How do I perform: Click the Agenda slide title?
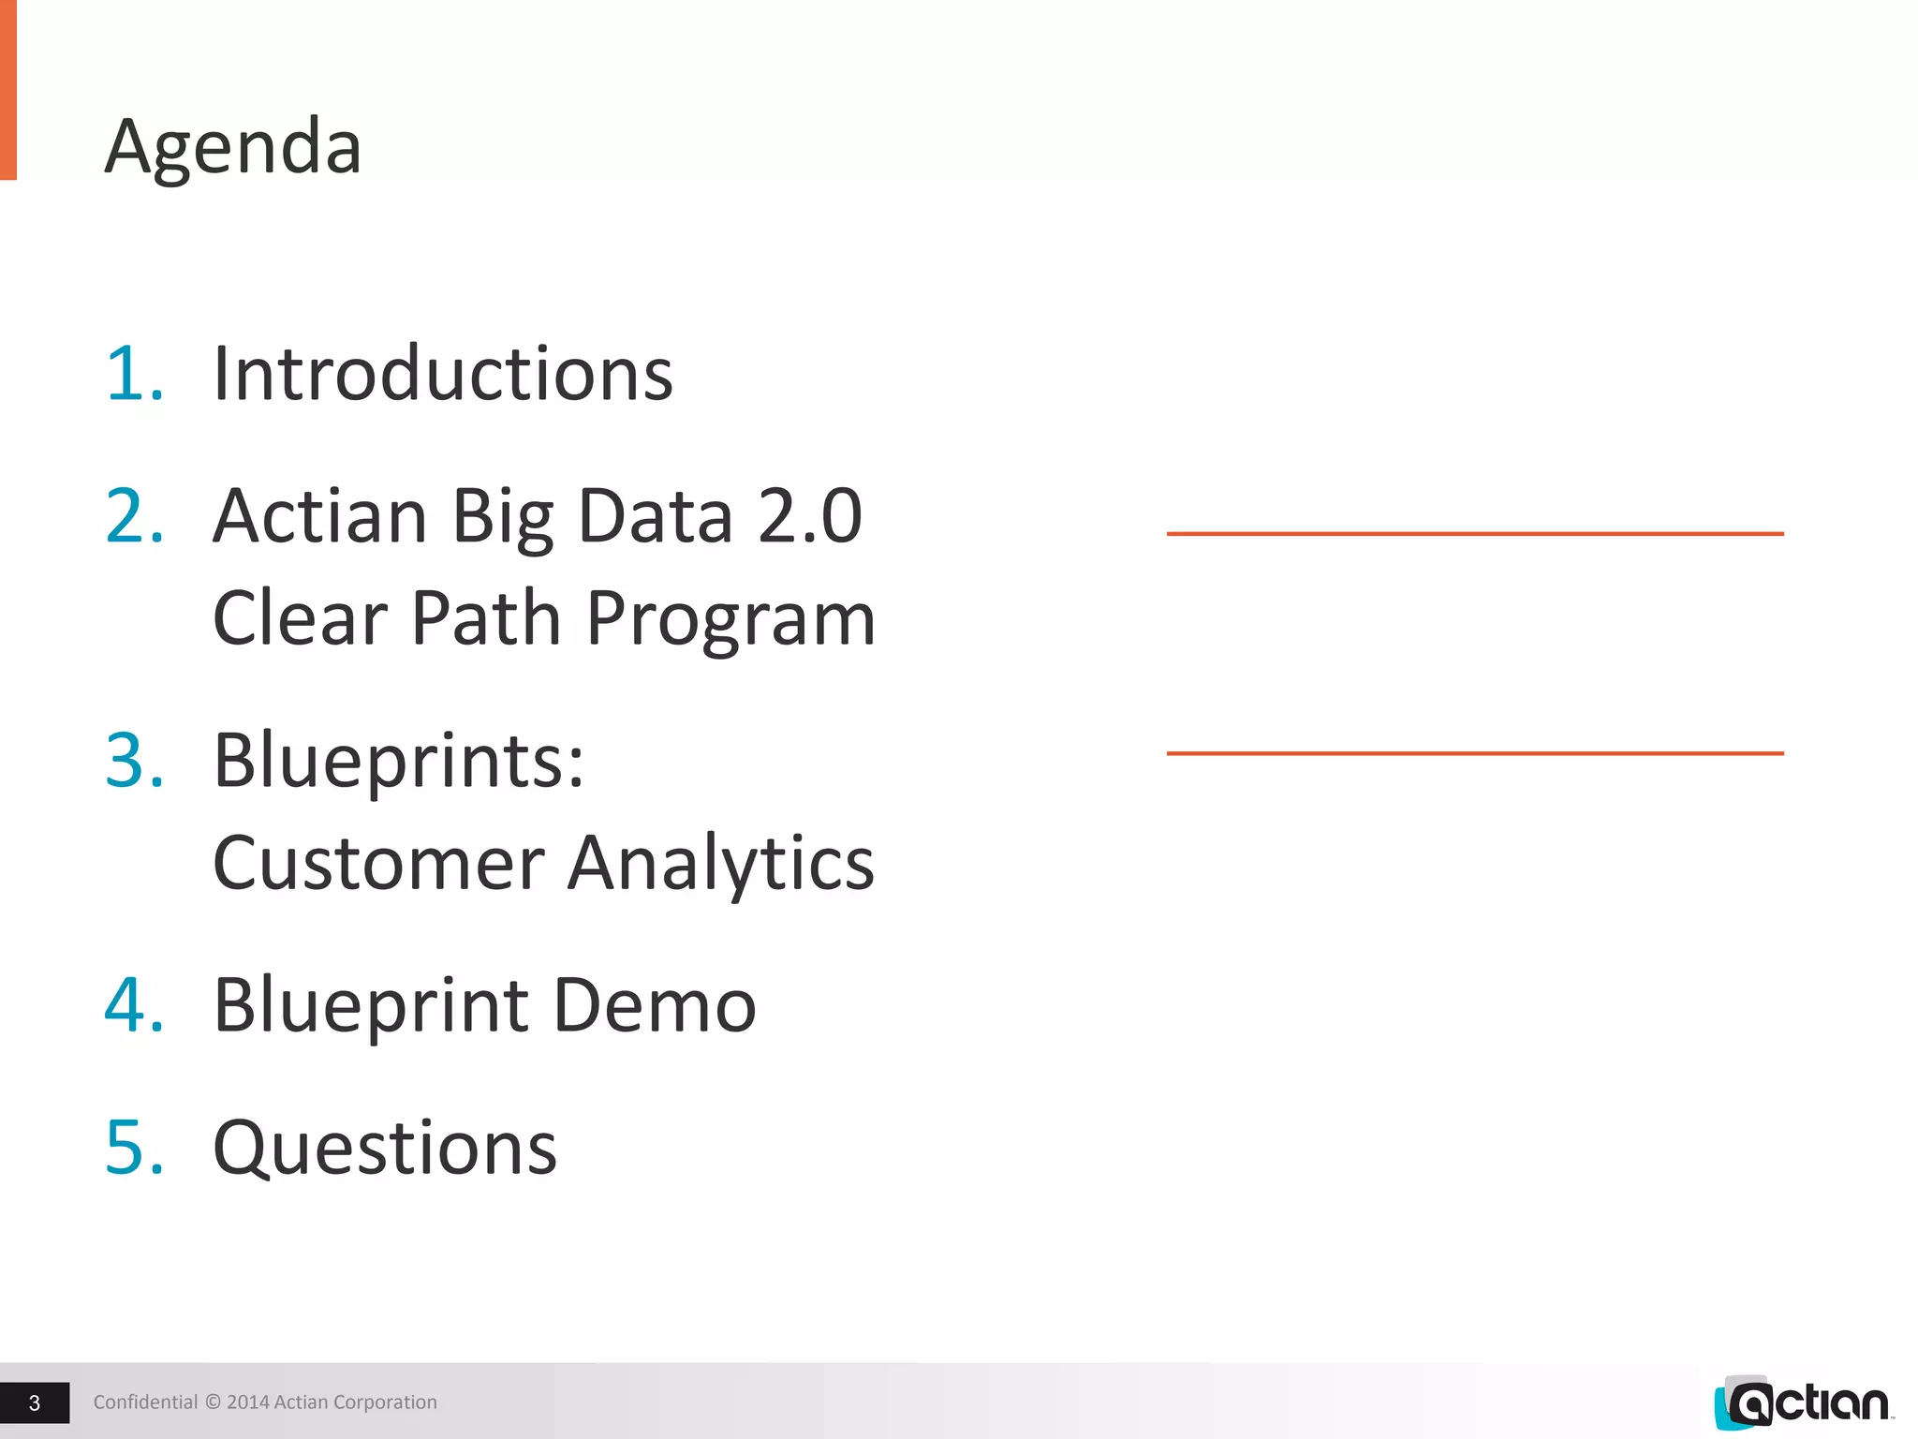233,147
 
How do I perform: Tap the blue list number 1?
134,374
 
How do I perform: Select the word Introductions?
443,374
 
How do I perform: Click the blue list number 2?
134,516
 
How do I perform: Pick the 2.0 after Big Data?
809,516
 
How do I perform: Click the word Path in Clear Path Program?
486,618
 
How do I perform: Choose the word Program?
730,620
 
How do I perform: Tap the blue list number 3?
134,760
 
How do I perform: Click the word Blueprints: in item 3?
399,760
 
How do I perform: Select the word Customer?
379,863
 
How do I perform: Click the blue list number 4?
134,1005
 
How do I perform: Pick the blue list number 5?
134,1148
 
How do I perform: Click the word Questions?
385,1150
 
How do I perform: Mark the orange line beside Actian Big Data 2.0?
1475,533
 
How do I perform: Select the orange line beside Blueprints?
1475,752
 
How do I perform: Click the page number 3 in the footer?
35,1402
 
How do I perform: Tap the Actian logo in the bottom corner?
1803,1402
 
